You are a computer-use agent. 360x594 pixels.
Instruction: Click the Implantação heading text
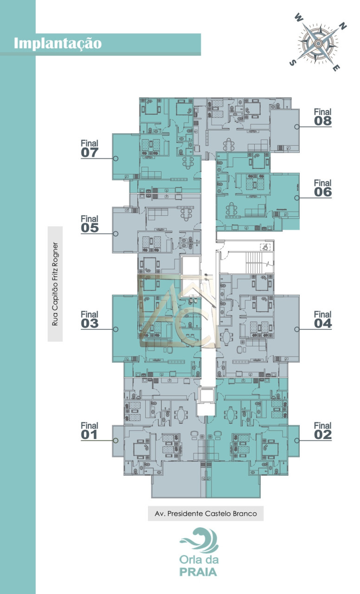(58, 44)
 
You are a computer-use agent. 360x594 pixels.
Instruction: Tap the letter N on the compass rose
(343, 26)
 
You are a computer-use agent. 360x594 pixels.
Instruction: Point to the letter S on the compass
(292, 63)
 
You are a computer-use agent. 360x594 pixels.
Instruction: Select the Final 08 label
(322, 117)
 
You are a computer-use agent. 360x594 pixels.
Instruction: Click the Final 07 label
(90, 149)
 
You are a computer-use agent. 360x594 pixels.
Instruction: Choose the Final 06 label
(322, 188)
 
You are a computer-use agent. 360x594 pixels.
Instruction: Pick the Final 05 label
(90, 224)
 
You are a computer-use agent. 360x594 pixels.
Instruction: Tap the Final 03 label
(90, 320)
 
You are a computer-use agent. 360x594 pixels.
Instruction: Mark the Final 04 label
(322, 320)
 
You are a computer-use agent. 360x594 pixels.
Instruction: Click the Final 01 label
(90, 431)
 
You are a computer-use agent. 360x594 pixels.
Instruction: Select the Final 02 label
(322, 431)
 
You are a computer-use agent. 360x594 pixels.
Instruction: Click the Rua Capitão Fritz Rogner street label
(55, 284)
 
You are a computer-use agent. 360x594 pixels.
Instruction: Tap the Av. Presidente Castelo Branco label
(206, 514)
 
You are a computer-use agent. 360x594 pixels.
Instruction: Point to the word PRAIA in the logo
(198, 572)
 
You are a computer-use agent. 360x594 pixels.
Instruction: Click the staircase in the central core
(254, 263)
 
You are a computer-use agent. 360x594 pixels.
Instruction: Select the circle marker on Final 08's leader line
(297, 127)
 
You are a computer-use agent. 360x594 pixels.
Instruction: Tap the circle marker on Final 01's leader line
(116, 440)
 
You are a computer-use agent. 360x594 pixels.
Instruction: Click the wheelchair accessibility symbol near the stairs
(265, 247)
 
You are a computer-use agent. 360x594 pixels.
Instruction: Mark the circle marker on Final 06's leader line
(297, 198)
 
